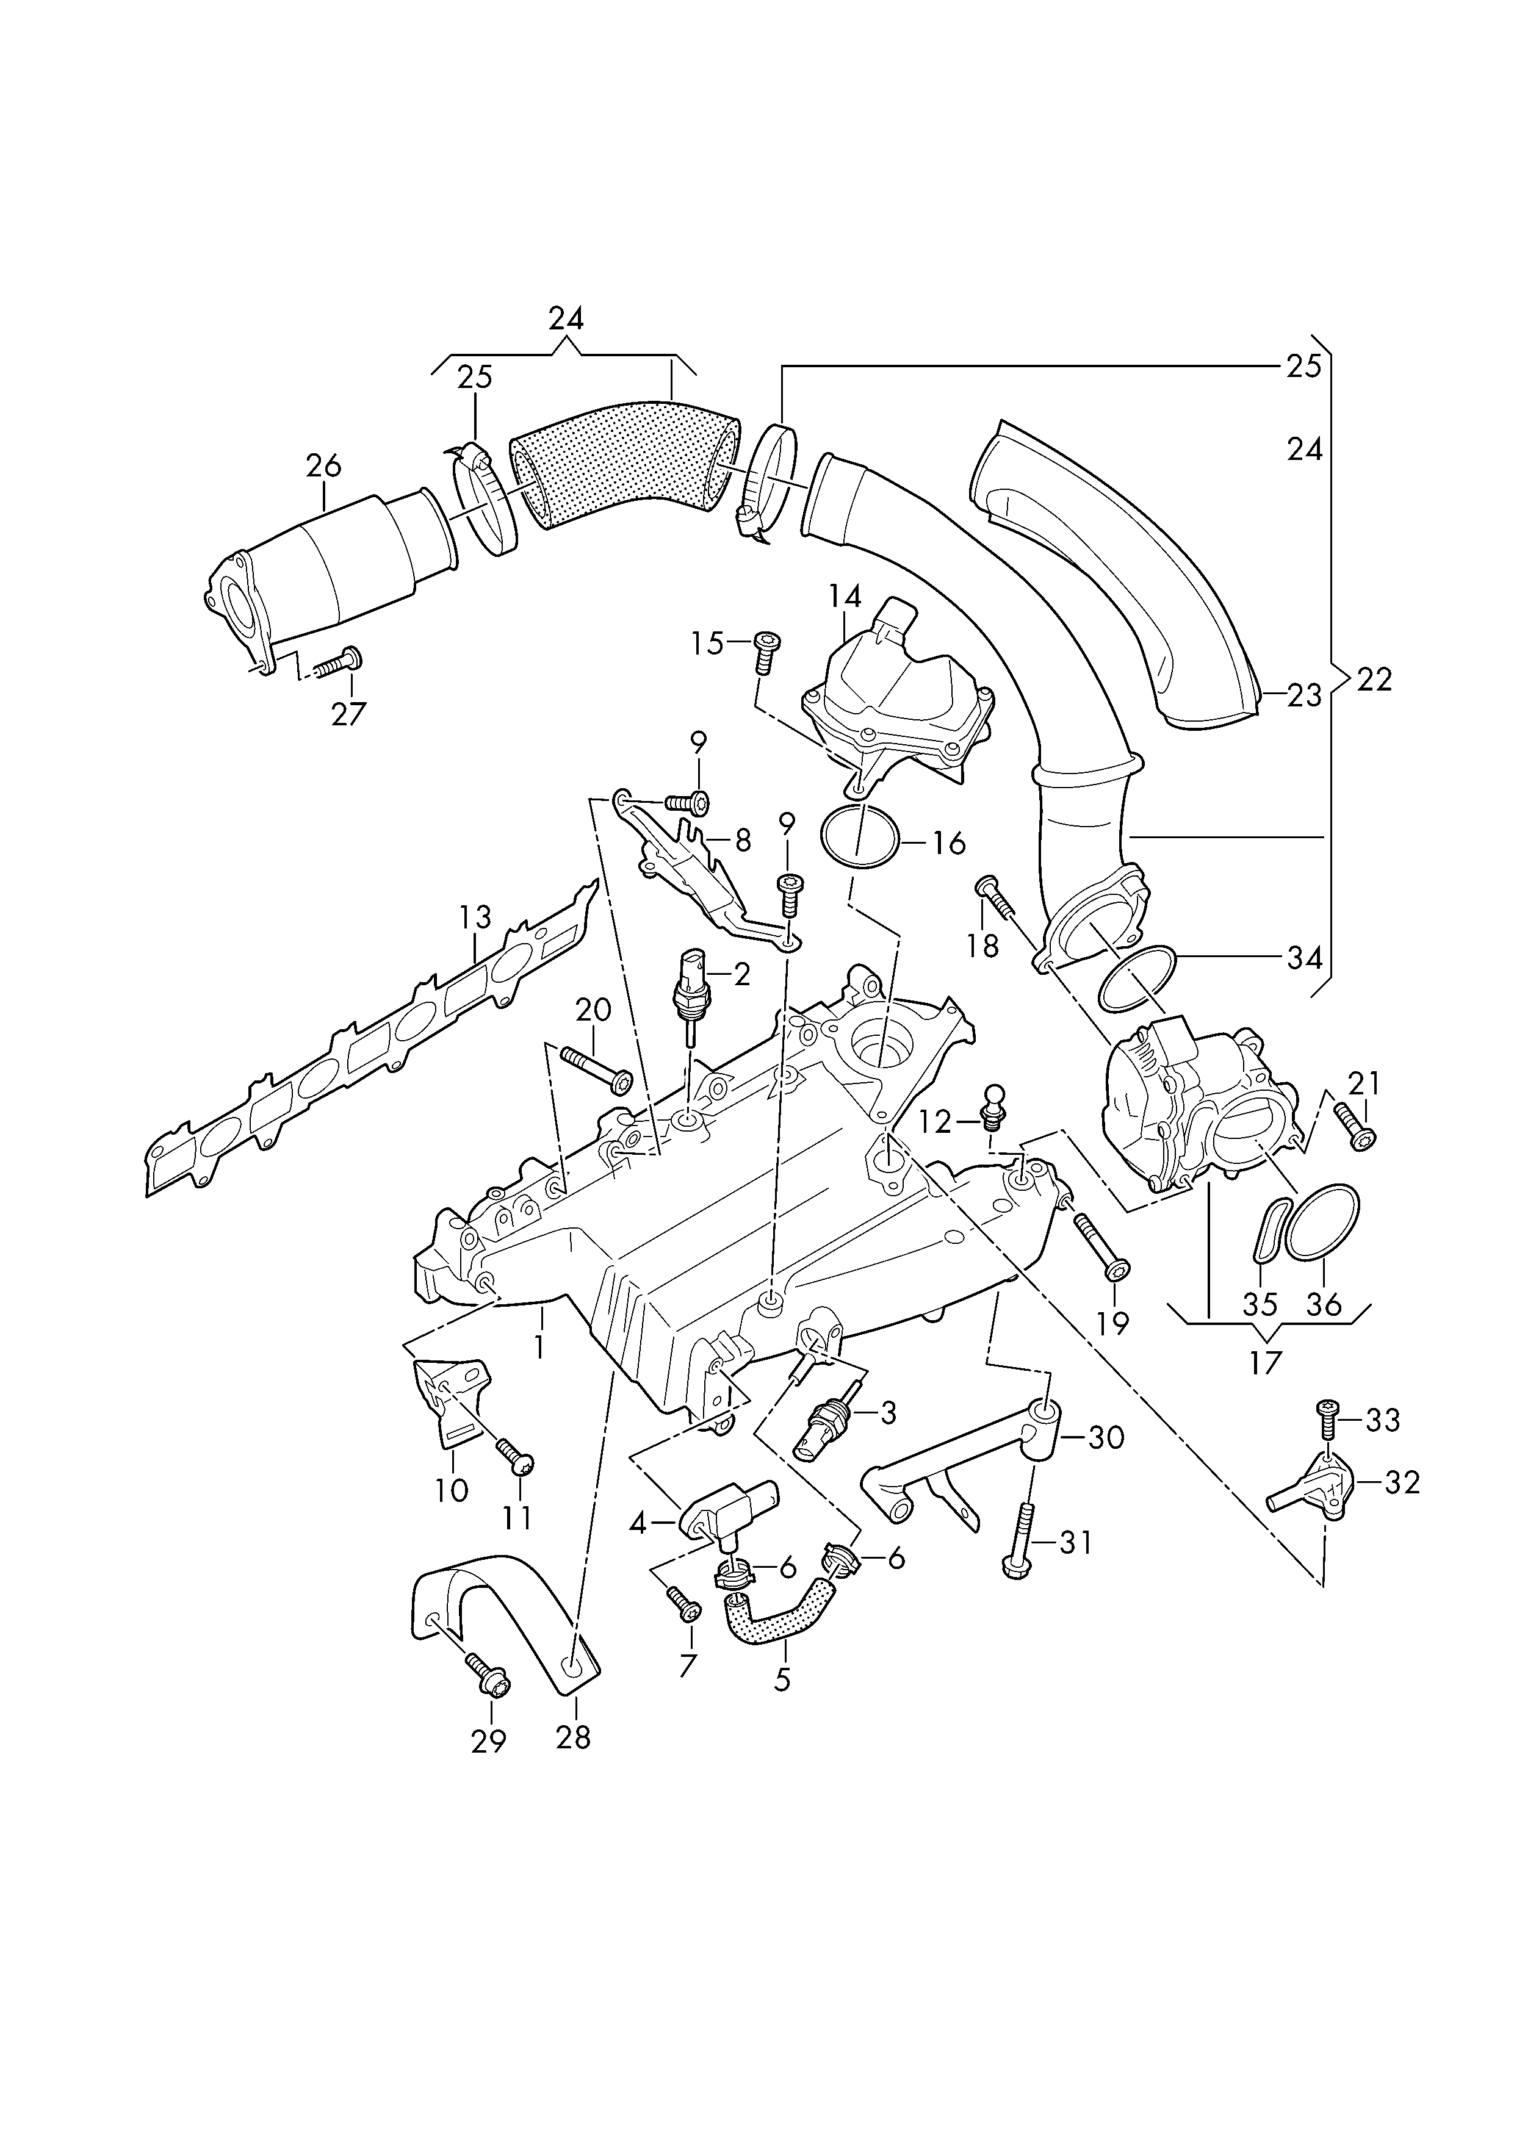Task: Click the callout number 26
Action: (x=323, y=466)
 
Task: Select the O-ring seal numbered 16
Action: (x=860, y=838)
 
